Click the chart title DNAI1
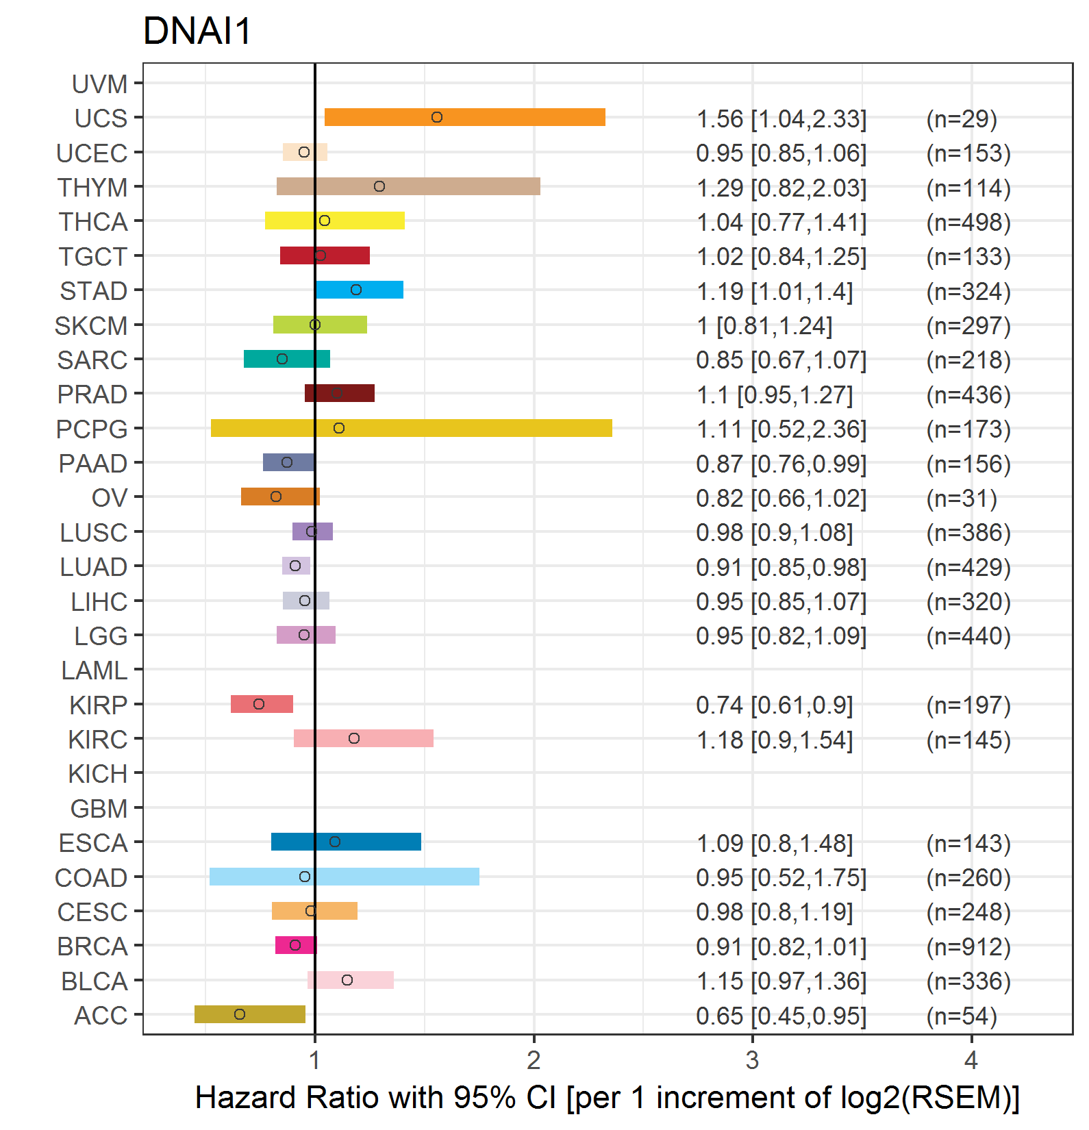197,31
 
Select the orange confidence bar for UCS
464,117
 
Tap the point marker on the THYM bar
379,186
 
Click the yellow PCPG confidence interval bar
411,428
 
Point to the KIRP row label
98,705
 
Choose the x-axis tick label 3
752,1060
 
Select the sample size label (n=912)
968,946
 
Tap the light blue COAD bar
344,877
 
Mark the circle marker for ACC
240,1014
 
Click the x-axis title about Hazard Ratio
607,1097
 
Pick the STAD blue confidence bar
360,290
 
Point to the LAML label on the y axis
94,670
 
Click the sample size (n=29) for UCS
962,118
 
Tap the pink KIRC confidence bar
364,738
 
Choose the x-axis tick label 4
971,1060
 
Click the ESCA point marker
335,842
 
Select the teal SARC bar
287,359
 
